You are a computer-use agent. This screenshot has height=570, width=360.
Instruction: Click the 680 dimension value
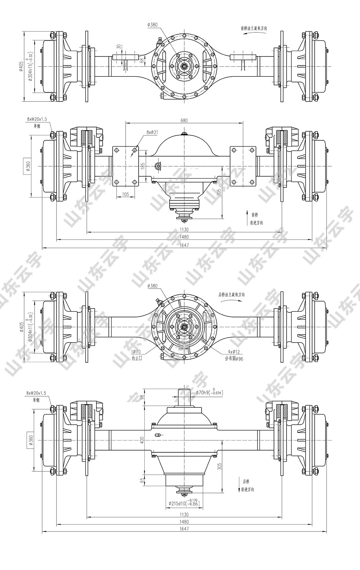tap(184, 121)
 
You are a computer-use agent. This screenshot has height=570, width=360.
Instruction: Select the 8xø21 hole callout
tap(152, 132)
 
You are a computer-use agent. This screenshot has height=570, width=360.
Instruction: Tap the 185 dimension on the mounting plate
tap(143, 166)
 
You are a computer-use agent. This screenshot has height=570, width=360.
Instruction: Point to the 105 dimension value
tap(126, 194)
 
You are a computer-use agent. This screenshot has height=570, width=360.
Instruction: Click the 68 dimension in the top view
tap(141, 60)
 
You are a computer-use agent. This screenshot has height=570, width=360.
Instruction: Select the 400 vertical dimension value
tap(142, 439)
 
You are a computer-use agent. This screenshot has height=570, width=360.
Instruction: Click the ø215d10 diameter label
tap(183, 503)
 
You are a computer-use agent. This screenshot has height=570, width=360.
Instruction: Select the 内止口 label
tap(137, 358)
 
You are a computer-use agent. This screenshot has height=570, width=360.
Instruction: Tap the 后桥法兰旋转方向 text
tap(232, 294)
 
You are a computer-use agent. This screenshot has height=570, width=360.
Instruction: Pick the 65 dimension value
tap(142, 480)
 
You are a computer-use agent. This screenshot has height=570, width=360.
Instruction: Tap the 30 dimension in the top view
tap(118, 47)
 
